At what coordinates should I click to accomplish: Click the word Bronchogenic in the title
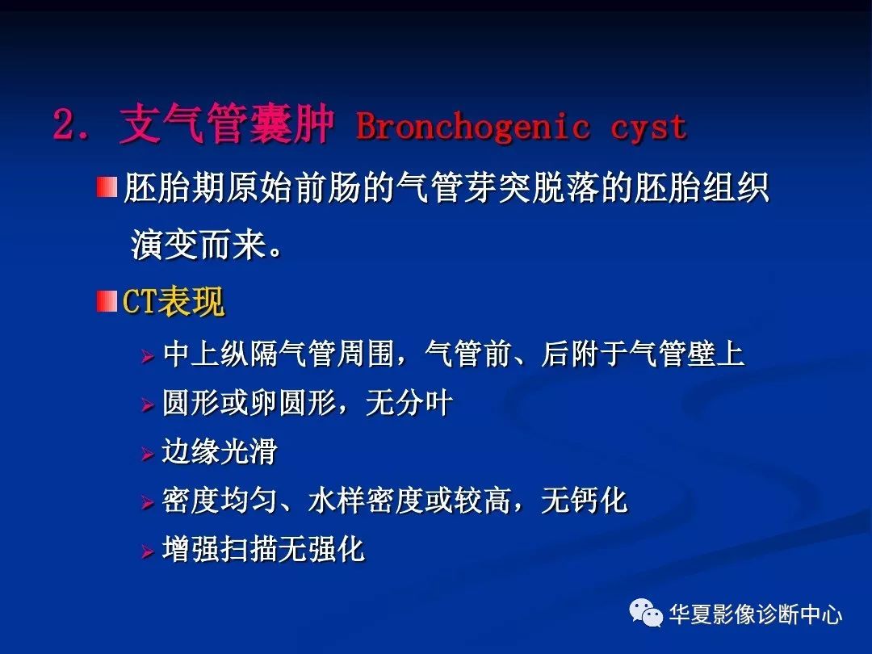(x=472, y=126)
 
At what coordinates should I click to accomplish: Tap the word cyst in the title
(x=649, y=128)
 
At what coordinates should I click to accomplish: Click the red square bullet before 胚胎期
(x=107, y=187)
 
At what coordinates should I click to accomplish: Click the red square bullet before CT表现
(x=107, y=301)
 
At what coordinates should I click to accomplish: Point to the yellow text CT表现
(x=173, y=301)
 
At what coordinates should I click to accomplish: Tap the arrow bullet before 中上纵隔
(x=148, y=355)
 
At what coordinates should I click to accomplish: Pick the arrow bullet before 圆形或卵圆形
(x=148, y=405)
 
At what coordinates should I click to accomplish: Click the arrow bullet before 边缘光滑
(x=148, y=453)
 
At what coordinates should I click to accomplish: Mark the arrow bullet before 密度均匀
(x=148, y=502)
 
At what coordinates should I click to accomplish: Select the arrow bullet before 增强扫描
(x=148, y=551)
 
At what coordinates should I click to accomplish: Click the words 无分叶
(x=409, y=403)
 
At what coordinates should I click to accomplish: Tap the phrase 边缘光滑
(x=219, y=451)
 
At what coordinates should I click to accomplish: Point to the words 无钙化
(x=584, y=500)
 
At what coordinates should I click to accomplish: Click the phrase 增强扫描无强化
(x=263, y=549)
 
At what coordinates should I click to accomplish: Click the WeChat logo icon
(x=646, y=613)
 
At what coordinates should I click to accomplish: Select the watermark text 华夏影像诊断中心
(x=755, y=614)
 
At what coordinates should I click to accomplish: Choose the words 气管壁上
(x=686, y=354)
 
